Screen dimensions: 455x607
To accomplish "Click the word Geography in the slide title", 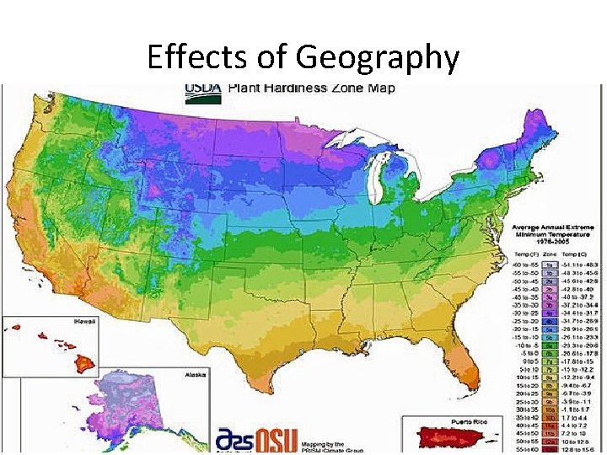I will (378, 57).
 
